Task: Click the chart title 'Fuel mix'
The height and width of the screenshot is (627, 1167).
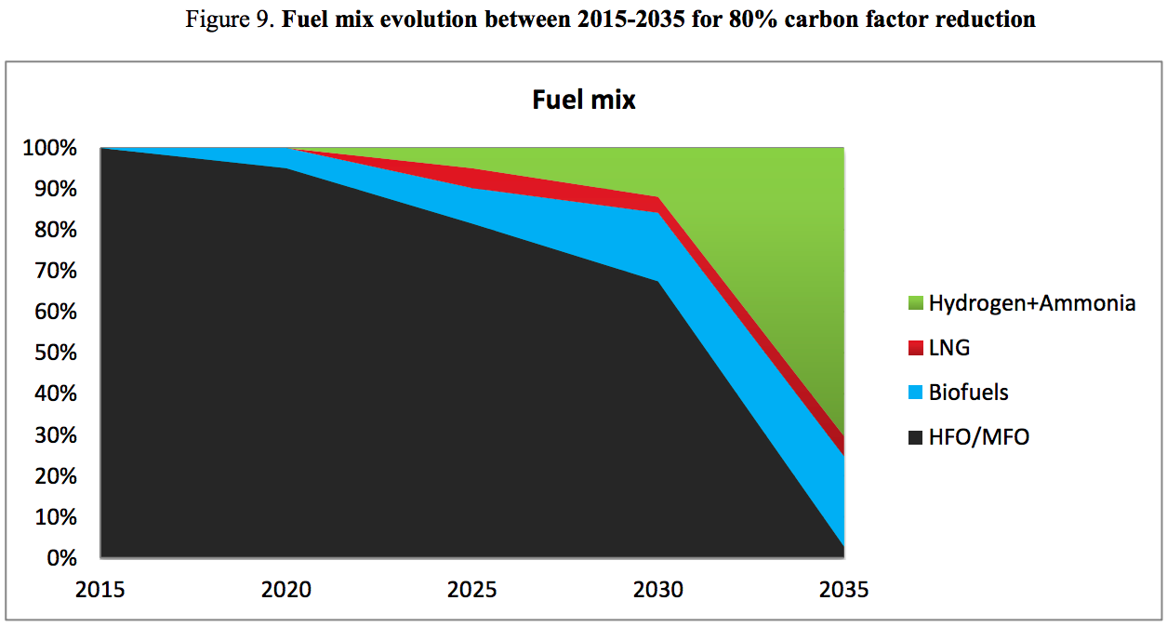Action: coord(583,100)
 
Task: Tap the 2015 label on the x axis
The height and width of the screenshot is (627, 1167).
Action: coord(100,590)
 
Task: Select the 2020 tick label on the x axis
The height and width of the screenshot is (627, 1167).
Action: coord(286,590)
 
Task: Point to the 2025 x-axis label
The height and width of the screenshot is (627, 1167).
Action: coord(472,590)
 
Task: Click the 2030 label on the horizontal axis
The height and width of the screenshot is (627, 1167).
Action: coord(658,590)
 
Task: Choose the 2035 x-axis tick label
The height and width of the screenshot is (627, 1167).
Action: coord(843,590)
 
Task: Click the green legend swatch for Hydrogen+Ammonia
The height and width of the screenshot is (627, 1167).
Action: coord(913,303)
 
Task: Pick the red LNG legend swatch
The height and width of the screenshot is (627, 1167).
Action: coord(913,348)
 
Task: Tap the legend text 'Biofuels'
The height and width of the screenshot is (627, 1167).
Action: coord(968,393)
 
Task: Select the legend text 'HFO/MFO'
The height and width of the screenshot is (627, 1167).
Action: coord(978,437)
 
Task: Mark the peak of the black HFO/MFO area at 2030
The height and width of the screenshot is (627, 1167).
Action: coord(658,281)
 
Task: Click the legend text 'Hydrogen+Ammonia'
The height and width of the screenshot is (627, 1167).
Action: coord(1031,303)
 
